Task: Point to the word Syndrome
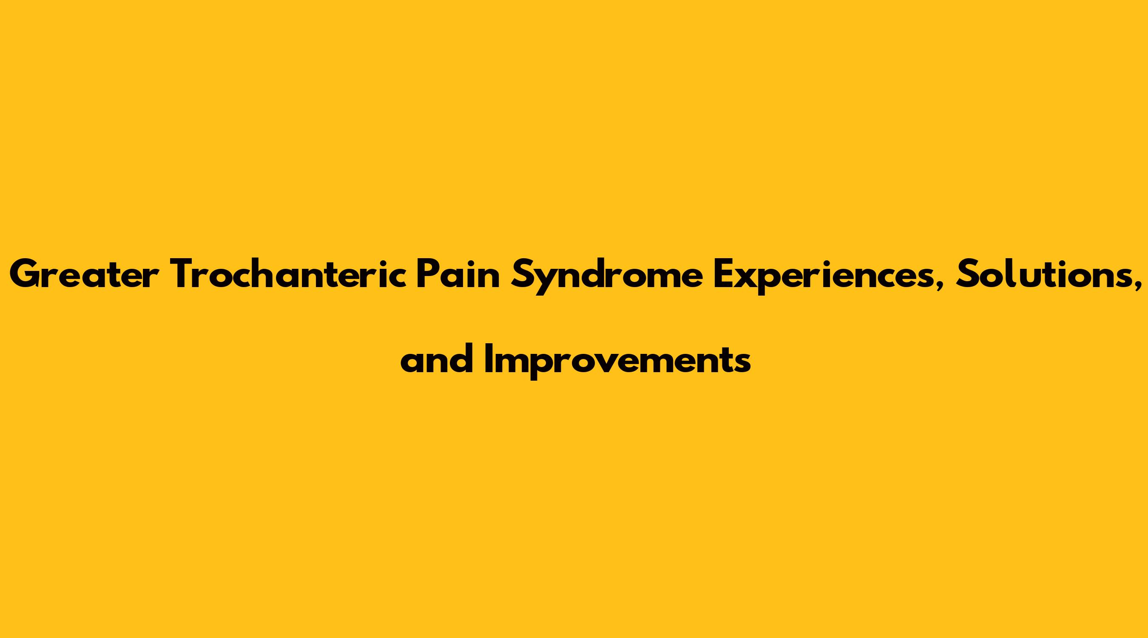point(607,276)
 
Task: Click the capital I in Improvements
point(489,359)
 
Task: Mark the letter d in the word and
point(461,359)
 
